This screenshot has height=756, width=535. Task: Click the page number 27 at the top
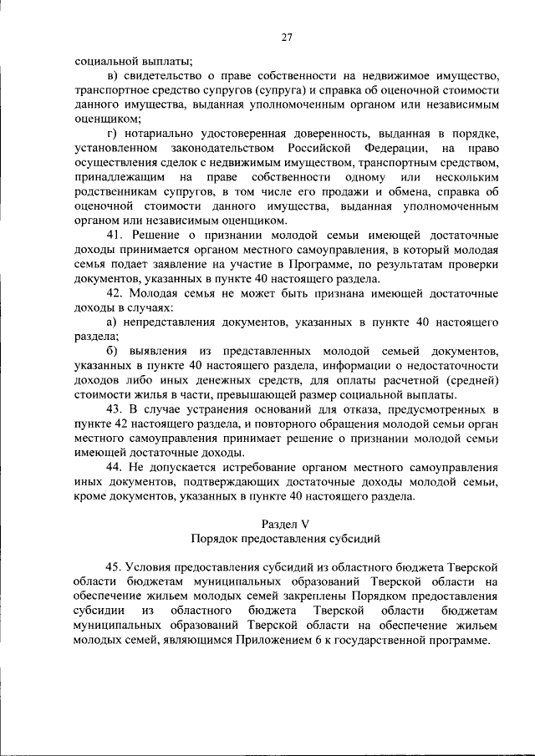click(x=287, y=37)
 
